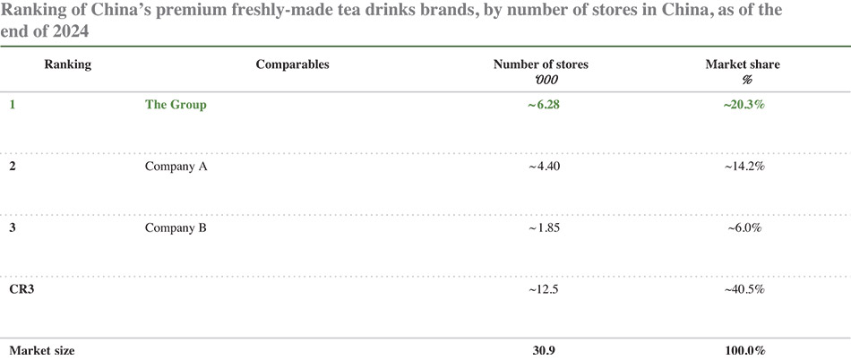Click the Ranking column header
[67, 65]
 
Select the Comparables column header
[293, 65]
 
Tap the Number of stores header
[540, 65]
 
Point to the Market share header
[743, 65]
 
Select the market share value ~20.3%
[744, 105]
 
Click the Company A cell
[176, 167]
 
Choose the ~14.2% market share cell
[744, 167]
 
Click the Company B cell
[176, 228]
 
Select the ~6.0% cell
[744, 228]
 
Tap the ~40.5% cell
[744, 289]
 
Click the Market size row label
[42, 351]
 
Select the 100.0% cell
[744, 351]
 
